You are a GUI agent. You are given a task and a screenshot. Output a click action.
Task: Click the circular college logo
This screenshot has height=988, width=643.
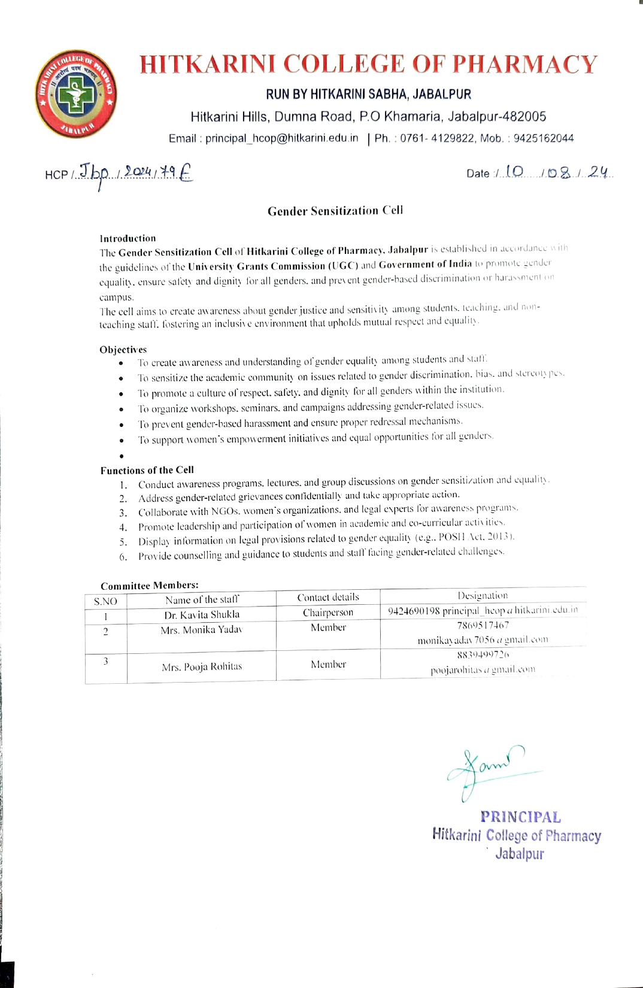tap(75, 94)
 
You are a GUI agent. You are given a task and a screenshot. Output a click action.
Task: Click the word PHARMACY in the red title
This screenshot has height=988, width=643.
tap(524, 65)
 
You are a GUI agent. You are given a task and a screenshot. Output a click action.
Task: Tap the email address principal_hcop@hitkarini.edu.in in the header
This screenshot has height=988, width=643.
tap(281, 138)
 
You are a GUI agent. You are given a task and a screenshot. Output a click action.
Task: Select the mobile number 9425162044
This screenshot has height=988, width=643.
tap(543, 138)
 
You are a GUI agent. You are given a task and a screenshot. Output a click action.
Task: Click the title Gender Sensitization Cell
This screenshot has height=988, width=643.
tap(335, 211)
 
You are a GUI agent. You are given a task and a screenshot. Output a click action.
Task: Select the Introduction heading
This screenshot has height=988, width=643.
tap(128, 238)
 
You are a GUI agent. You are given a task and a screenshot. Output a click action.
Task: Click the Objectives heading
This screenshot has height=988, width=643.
tap(123, 350)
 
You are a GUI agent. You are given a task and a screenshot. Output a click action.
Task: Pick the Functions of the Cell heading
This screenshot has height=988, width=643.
tap(147, 470)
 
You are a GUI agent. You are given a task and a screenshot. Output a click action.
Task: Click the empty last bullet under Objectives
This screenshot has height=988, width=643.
tap(122, 456)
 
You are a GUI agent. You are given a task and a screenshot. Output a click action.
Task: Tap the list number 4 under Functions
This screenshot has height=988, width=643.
tap(123, 528)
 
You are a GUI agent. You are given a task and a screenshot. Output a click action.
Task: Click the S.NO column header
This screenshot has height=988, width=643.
tap(105, 601)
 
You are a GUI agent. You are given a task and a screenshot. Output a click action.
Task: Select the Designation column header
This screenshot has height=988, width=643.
tap(483, 595)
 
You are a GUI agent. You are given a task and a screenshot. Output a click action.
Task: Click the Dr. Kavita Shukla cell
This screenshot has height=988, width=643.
tap(202, 614)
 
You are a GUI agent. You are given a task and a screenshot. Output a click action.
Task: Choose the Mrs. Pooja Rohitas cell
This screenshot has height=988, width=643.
tap(202, 666)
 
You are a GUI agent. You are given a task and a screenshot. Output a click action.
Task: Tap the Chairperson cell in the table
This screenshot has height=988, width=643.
tap(328, 612)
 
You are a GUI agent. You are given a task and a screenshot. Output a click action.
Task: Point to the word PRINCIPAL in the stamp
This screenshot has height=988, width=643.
tap(520, 817)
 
